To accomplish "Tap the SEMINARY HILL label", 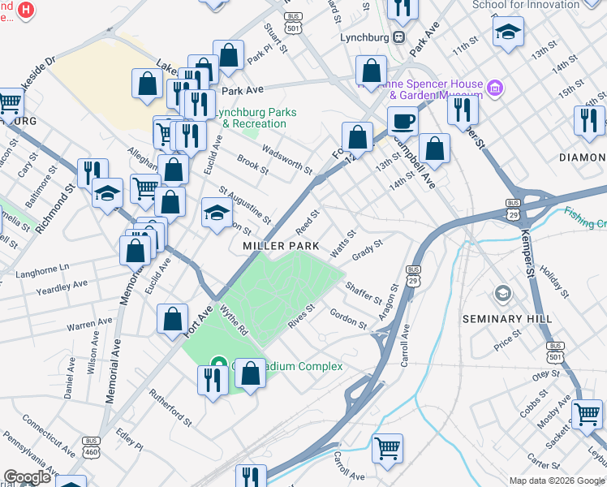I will coord(507,319).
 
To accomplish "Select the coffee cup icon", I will coord(402,122).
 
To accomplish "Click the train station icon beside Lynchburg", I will coord(398,37).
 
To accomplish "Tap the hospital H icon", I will coord(26,11).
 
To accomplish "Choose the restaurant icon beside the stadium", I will coord(213,381).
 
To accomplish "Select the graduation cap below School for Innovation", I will coord(508,32).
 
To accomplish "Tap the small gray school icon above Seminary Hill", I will coord(503,293).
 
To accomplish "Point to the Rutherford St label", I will coord(170,407).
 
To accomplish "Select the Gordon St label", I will coord(348,318).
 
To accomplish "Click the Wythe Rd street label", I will coord(233,317).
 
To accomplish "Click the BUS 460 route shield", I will coord(90,446).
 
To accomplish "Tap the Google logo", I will coord(27,477).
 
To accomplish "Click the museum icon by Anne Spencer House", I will coord(493,87).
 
